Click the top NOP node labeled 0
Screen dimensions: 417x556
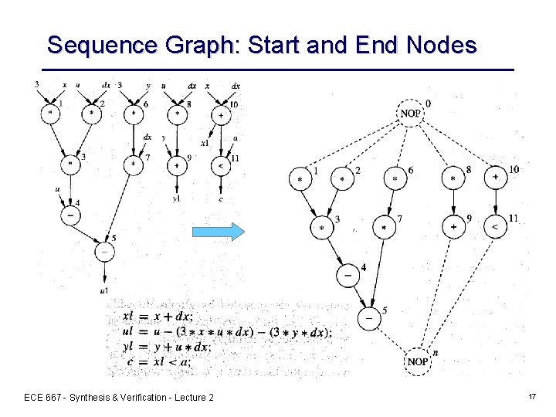pyautogui.click(x=411, y=113)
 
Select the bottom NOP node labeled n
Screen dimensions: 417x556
pyautogui.click(x=418, y=361)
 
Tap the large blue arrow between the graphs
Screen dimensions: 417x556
pyautogui.click(x=218, y=232)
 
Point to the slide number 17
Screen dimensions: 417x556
pyautogui.click(x=532, y=396)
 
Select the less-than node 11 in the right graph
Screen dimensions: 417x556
pyautogui.click(x=494, y=226)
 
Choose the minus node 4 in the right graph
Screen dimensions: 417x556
pyautogui.click(x=347, y=274)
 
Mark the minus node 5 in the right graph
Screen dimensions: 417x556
pyautogui.click(x=370, y=317)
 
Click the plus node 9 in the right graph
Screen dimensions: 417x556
pyautogui.click(x=453, y=226)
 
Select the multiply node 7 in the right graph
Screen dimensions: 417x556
pyautogui.click(x=384, y=227)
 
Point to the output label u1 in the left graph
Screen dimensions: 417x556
pyautogui.click(x=103, y=290)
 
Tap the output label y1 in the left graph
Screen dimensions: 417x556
pyautogui.click(x=177, y=199)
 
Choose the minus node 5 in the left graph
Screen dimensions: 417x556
pyautogui.click(x=103, y=251)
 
